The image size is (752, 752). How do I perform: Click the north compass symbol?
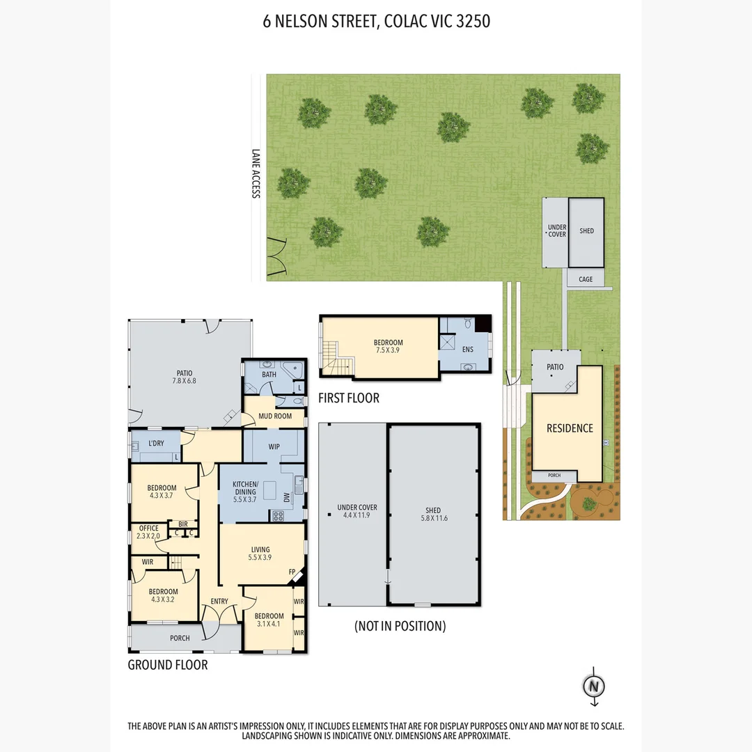594,687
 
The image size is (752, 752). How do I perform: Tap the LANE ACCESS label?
256,173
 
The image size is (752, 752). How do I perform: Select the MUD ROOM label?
275,416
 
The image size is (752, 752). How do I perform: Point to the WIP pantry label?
274,446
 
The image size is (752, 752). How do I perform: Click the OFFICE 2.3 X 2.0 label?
148,532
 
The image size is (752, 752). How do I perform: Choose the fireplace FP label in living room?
292,572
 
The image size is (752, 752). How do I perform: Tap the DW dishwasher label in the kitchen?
287,497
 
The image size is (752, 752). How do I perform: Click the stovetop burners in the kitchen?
278,516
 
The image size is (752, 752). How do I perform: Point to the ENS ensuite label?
468,350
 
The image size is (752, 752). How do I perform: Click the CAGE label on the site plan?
586,279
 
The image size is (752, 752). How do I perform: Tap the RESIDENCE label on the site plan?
570,428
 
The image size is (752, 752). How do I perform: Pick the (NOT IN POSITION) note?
400,626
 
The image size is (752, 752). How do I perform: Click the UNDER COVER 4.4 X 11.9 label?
357,511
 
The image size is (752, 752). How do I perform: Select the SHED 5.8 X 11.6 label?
434,514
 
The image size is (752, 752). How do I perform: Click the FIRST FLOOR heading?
349,398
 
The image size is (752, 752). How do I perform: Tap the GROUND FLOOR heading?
168,665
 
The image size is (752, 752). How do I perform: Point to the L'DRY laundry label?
156,443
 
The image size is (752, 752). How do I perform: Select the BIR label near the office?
182,524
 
